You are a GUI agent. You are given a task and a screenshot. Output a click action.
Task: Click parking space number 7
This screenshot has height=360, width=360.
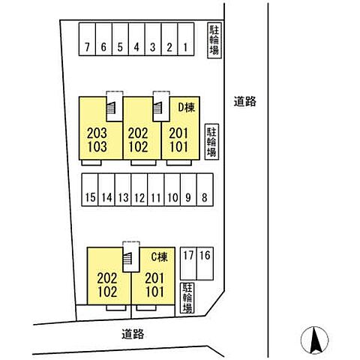87,39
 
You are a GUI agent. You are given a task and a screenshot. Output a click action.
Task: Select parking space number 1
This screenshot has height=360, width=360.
186,39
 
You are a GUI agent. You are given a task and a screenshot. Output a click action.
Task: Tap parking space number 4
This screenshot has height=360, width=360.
136,39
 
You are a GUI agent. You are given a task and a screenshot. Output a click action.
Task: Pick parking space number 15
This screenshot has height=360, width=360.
90,190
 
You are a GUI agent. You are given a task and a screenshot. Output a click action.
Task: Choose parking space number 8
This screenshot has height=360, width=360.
205,190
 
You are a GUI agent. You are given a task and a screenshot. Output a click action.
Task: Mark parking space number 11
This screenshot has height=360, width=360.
156,190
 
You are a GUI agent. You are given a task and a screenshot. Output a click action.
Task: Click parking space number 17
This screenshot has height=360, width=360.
188,263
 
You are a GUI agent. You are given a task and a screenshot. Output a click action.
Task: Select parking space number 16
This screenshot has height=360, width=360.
205,263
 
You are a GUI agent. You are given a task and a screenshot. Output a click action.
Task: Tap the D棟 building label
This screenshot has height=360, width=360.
186,107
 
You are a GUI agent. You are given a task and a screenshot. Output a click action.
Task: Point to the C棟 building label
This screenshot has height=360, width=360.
160,256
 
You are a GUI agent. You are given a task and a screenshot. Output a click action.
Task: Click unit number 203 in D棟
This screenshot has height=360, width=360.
97,133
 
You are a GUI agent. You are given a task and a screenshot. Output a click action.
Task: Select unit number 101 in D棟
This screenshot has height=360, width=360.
178,147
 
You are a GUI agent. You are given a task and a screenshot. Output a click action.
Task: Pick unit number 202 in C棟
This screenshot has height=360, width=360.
107,277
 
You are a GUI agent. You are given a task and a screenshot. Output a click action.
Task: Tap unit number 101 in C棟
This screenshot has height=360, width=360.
155,292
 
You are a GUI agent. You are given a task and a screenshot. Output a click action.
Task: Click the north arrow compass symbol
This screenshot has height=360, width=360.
314,340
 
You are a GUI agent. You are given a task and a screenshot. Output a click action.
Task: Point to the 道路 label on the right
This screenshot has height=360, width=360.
245,101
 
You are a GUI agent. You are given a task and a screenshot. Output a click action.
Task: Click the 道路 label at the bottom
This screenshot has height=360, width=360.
133,334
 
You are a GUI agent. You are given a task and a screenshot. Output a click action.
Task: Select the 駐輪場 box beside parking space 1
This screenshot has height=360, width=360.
214,40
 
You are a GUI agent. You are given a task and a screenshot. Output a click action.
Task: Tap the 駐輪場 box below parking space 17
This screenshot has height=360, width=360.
187,298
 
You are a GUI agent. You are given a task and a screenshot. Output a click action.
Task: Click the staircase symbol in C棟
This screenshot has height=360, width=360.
127,258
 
